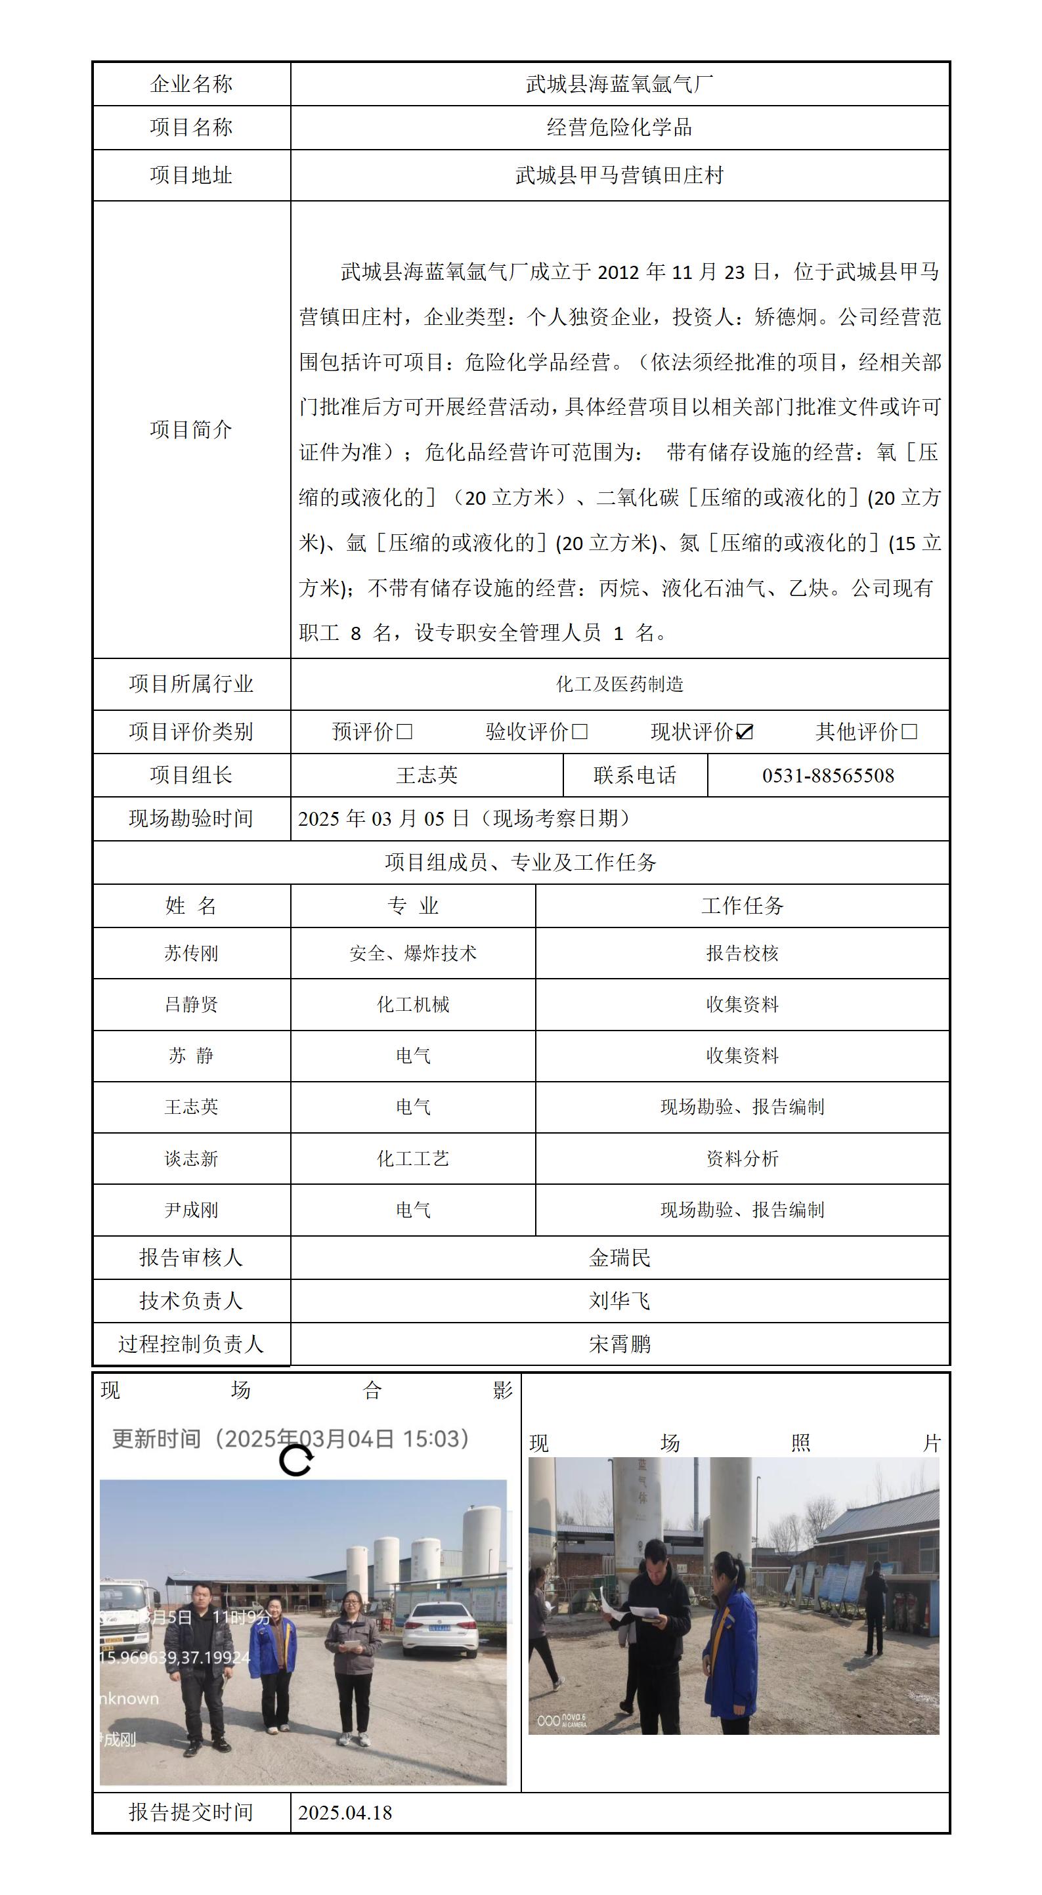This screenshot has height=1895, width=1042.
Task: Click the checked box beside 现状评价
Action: point(745,732)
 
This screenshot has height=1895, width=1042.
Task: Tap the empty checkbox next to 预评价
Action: point(404,732)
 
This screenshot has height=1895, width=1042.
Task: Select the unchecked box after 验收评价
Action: point(580,732)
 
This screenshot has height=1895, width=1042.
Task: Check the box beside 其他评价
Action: point(909,732)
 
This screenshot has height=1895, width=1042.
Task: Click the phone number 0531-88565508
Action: point(828,775)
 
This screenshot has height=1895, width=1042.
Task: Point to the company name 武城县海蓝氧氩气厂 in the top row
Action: point(620,84)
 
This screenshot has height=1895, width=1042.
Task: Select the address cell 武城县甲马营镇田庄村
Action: point(620,175)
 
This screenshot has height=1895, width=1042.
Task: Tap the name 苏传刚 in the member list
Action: point(191,953)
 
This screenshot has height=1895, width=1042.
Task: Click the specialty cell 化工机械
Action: point(413,1005)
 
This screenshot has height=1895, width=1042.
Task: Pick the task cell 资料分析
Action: point(742,1159)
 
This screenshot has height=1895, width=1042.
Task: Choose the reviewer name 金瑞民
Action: point(620,1258)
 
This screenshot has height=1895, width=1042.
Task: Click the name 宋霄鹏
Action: point(620,1345)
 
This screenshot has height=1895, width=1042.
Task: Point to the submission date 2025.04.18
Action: point(345,1812)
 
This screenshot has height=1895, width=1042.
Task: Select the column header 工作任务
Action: point(742,906)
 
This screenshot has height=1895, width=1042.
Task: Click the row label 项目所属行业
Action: point(191,684)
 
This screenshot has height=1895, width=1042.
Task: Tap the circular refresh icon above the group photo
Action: point(296,1460)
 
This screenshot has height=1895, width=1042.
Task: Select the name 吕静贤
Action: point(191,1005)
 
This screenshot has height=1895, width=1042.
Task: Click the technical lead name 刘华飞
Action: point(620,1302)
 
